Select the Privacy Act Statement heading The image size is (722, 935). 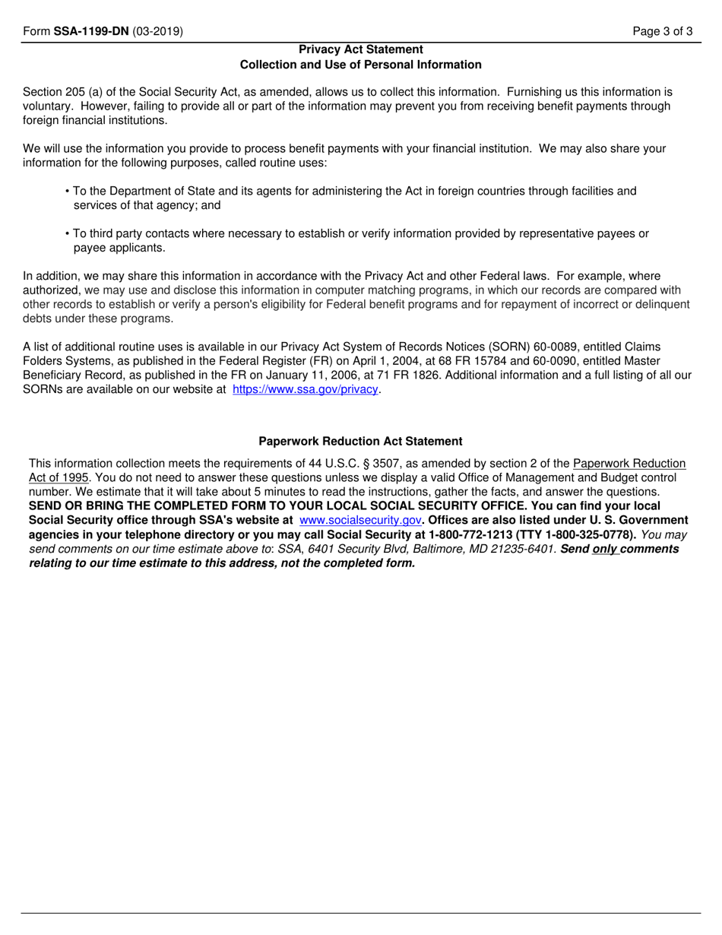(x=361, y=50)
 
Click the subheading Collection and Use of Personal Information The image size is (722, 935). (x=361, y=65)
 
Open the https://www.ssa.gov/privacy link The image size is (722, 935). (x=305, y=389)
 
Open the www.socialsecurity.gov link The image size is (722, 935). (x=360, y=520)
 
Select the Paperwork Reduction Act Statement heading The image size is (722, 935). (x=360, y=441)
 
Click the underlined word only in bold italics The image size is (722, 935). (x=605, y=549)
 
